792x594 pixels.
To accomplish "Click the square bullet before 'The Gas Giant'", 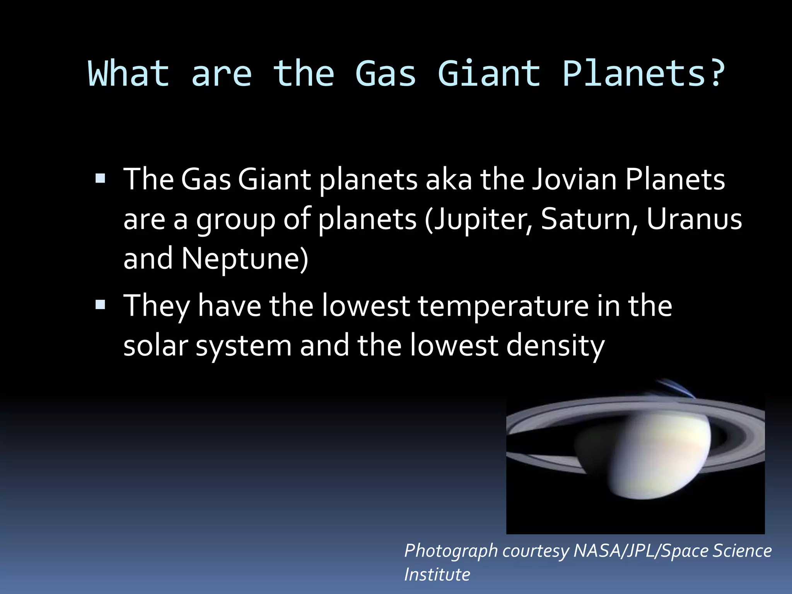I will (101, 178).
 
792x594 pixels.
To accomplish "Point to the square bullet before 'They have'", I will (101, 305).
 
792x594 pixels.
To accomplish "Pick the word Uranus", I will (694, 219).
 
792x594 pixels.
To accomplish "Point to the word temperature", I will (503, 306).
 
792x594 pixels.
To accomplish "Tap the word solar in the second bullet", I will (155, 345).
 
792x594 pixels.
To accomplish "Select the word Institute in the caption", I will (437, 575).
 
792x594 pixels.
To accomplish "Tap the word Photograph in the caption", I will (451, 551).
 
